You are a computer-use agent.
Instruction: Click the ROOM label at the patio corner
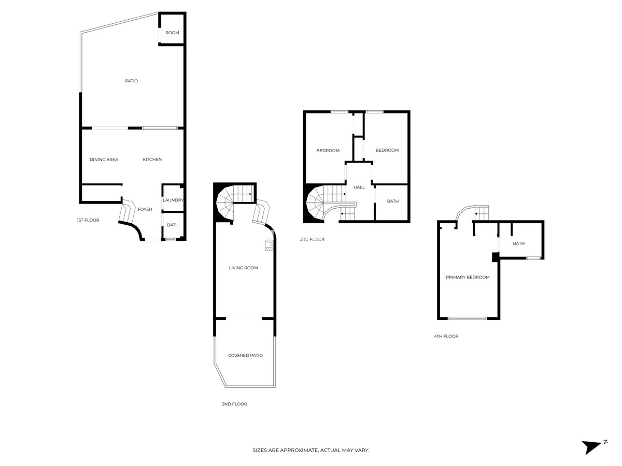(172, 33)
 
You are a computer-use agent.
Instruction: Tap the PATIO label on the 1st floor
(131, 81)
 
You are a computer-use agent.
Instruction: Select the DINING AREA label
(104, 159)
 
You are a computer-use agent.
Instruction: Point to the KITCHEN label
(152, 159)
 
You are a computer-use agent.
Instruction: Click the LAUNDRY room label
(173, 200)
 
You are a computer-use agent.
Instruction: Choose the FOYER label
(145, 209)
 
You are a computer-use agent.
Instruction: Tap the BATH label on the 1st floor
(173, 225)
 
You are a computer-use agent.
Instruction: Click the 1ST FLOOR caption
(88, 220)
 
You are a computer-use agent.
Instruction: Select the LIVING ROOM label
(244, 268)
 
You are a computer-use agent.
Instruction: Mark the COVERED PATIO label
(245, 355)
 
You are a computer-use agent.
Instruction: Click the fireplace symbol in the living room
(268, 245)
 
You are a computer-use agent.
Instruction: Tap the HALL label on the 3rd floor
(359, 187)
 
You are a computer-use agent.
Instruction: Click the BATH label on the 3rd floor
(392, 201)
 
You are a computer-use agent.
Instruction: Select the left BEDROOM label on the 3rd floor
(328, 151)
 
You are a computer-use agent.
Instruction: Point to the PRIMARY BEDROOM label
(468, 277)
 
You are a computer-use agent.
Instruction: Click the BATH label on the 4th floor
(518, 243)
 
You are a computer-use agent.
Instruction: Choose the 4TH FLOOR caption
(446, 336)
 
